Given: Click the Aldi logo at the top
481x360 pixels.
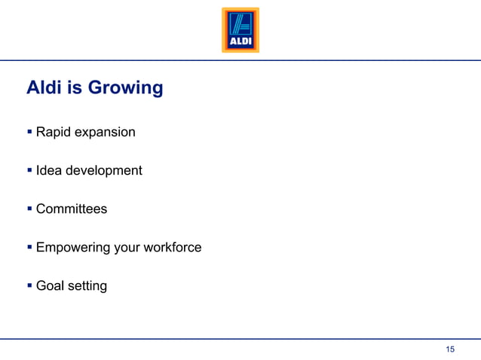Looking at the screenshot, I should tap(240, 30).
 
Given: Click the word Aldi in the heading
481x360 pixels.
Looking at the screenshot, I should tap(44, 88).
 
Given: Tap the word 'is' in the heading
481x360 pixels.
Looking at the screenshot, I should tap(75, 88).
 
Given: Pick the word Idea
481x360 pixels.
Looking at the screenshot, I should tap(48, 170).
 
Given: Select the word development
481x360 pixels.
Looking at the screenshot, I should tap(103, 171).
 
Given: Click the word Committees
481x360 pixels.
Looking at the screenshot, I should tap(72, 209).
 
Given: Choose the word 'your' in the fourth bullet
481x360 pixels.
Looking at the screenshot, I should tap(127, 248).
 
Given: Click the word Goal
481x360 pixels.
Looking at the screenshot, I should tap(50, 285).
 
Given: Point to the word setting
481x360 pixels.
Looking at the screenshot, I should tap(87, 286).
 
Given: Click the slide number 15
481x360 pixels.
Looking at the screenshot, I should tap(450, 349).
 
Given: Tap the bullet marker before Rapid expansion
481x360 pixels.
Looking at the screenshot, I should tap(29, 133).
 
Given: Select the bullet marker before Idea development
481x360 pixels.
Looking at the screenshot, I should tap(29, 170).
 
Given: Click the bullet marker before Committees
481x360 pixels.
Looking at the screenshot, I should tap(29, 209).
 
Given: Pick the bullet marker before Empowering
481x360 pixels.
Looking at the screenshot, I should tap(29, 247).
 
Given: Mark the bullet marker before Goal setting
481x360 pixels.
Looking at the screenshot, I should tap(29, 285).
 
